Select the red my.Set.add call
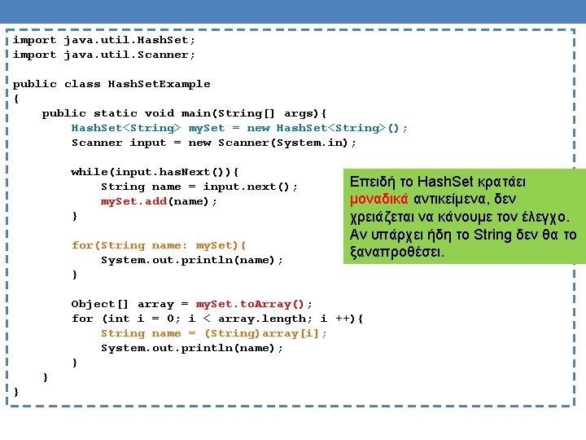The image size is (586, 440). (133, 201)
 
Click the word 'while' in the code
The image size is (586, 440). (90, 172)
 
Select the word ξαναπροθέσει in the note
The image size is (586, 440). (396, 253)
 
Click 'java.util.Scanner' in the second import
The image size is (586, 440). (129, 55)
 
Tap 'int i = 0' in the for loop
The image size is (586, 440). (144, 319)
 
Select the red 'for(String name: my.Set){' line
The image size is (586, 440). (159, 245)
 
